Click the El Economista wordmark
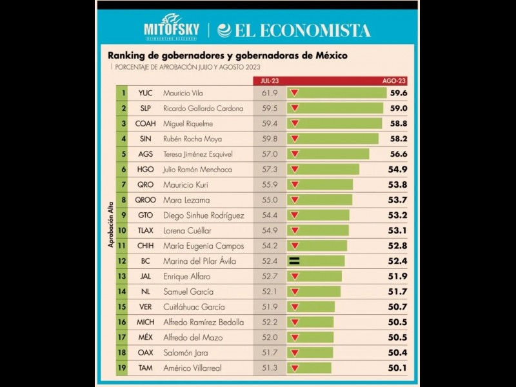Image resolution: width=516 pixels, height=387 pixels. [x=295, y=30]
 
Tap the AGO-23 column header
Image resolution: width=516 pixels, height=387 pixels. [x=393, y=81]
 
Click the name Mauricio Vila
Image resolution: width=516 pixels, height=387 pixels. [x=183, y=93]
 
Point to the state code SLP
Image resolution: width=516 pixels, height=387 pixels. [x=145, y=108]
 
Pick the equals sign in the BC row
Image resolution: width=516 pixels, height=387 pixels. [x=295, y=261]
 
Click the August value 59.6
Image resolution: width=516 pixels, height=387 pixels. [x=398, y=93]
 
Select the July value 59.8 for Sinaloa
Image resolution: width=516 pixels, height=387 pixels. [x=270, y=139]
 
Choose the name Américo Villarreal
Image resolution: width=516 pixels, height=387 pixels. [x=192, y=368]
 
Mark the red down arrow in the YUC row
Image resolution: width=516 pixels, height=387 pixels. [x=295, y=93]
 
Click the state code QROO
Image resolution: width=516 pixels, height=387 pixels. [x=145, y=200]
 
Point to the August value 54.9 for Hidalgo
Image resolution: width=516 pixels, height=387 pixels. [x=398, y=170]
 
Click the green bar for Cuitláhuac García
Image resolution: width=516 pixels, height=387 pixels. [x=313, y=307]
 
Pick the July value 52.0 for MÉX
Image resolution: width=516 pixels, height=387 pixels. [x=270, y=337]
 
